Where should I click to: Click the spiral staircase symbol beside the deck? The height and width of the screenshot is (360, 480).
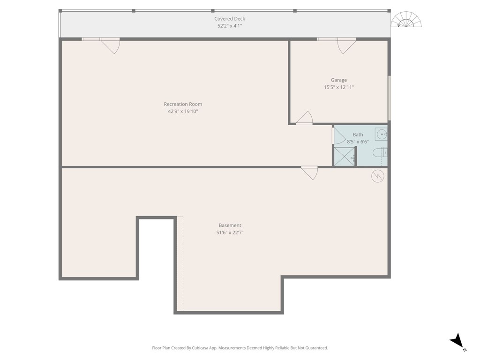(x=406, y=20)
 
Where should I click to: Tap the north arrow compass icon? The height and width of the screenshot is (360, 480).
(x=457, y=341)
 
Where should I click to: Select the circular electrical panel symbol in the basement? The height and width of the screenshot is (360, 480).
(x=377, y=176)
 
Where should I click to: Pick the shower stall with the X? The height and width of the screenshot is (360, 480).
(x=344, y=157)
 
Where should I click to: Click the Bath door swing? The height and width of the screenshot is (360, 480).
(x=338, y=135)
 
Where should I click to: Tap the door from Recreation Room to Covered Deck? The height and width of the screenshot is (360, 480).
(x=111, y=45)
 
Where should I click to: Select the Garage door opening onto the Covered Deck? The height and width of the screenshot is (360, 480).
(x=346, y=45)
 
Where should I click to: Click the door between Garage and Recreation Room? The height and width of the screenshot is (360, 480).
(x=305, y=118)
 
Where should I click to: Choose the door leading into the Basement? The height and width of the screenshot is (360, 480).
(x=309, y=172)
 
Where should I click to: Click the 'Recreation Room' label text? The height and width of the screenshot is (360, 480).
(x=183, y=104)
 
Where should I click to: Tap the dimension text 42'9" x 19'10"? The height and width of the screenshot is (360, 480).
(x=183, y=112)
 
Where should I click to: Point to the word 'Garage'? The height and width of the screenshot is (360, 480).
(x=339, y=80)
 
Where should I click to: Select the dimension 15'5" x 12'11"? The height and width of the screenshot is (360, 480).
(x=339, y=87)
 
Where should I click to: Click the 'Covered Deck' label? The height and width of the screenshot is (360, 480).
(x=230, y=19)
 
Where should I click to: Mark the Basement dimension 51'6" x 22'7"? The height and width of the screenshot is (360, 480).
(x=230, y=232)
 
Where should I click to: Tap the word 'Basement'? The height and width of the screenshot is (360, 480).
(x=230, y=225)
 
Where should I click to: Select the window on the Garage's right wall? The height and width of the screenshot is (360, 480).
(x=389, y=98)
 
